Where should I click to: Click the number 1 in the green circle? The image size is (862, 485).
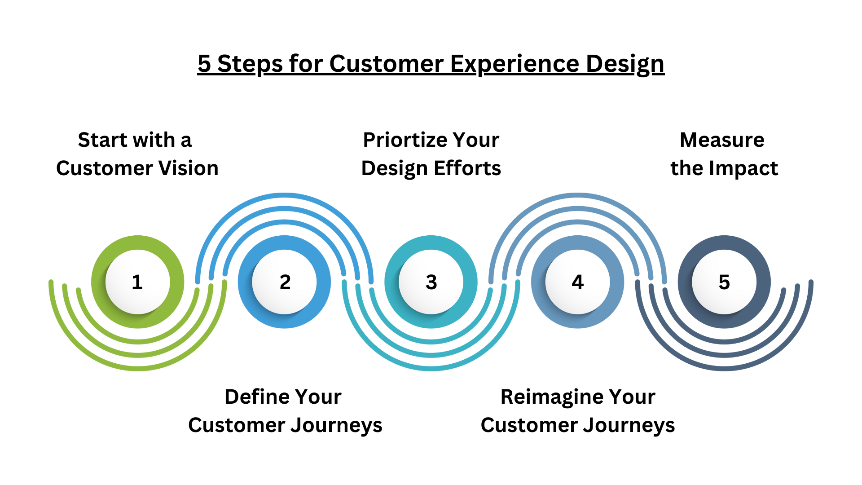(x=137, y=282)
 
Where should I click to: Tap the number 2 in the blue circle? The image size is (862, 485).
(x=285, y=282)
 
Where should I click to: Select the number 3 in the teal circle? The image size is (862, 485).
(x=431, y=282)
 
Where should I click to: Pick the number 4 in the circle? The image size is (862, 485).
(x=577, y=282)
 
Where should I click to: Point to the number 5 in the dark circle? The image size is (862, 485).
(x=724, y=282)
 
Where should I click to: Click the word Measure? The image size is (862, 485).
(x=722, y=140)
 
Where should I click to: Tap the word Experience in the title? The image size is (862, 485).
(x=515, y=64)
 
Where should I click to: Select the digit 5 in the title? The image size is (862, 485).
(x=204, y=64)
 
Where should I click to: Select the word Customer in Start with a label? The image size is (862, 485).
(x=104, y=168)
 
